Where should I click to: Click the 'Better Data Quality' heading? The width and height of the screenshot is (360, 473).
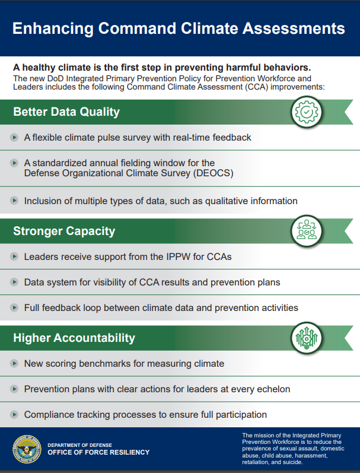(66, 112)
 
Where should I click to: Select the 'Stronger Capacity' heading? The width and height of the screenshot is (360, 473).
(64, 231)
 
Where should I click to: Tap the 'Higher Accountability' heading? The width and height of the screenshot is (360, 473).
(74, 338)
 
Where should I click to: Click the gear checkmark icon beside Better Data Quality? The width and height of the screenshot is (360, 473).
(307, 112)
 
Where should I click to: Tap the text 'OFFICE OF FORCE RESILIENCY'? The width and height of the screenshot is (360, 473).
(98, 452)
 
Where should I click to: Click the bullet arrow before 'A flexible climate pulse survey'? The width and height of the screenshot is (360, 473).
(14, 138)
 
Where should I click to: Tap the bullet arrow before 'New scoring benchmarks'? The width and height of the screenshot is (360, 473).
(14, 363)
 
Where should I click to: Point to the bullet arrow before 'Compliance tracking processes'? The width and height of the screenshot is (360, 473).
(14, 415)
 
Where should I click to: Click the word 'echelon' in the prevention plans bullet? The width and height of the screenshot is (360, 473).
(273, 389)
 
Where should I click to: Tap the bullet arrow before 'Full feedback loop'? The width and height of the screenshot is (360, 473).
(14, 308)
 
